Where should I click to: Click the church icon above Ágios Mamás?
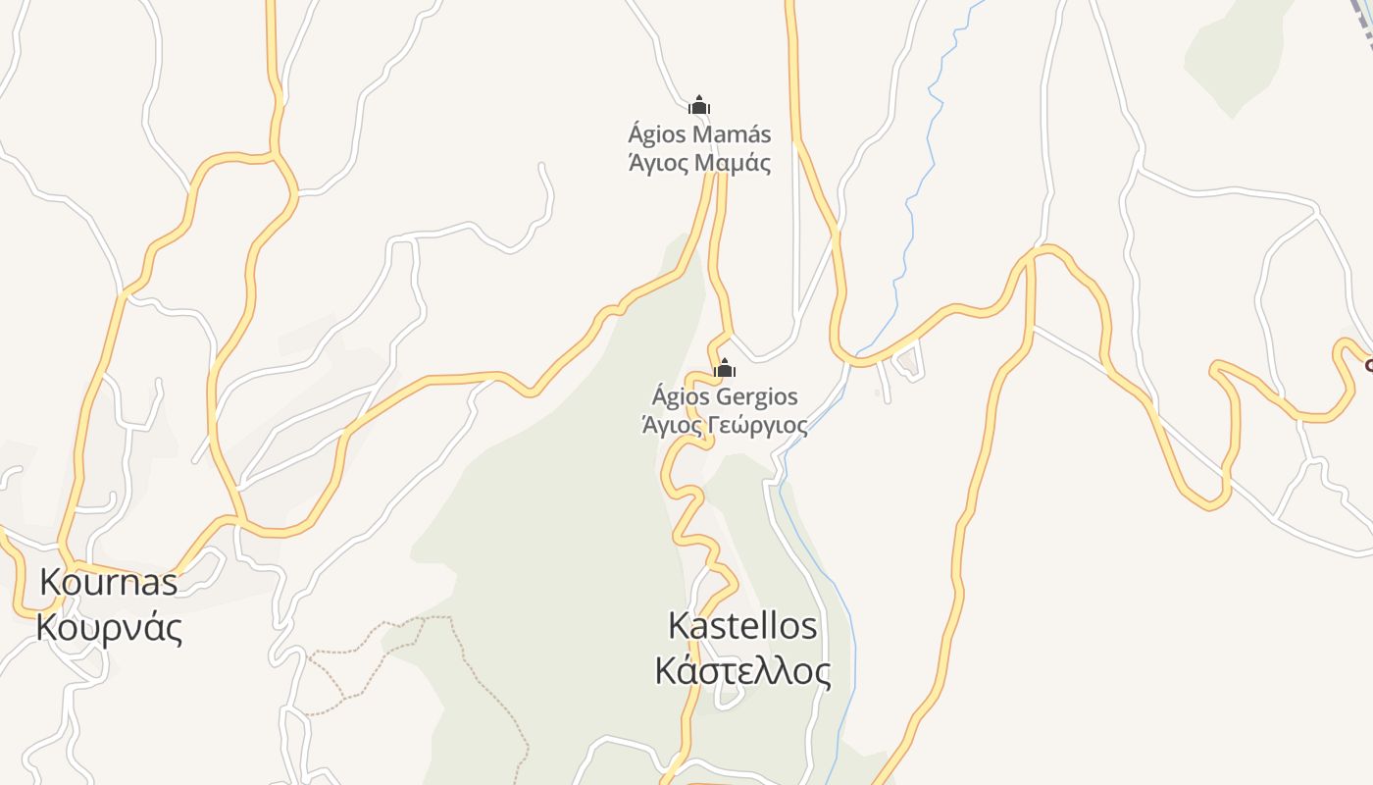699,105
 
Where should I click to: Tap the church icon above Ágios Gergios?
725,369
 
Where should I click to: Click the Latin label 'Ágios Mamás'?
699,134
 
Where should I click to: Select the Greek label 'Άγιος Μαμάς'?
699,162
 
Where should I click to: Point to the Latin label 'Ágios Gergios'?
725,397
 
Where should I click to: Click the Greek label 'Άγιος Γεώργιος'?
725,425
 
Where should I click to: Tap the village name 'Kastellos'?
742,625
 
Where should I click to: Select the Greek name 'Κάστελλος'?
742,671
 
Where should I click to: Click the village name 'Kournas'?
109,582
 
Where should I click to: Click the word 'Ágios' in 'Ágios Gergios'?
682,397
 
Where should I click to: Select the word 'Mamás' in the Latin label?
733,134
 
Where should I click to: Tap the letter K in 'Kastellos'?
679,625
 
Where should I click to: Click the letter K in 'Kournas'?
51,582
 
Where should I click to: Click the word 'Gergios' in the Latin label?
757,397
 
